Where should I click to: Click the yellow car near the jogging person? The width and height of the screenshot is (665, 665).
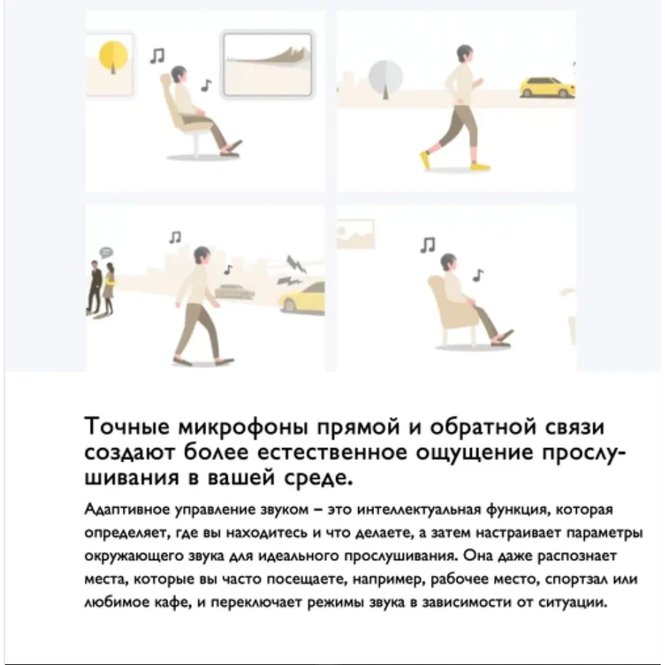(547, 88)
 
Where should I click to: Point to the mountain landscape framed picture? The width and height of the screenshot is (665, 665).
(268, 65)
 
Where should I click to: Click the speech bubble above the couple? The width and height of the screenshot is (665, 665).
(106, 253)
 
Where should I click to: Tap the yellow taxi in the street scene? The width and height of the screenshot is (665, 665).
(302, 297)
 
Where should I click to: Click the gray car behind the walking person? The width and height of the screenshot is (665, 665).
(234, 291)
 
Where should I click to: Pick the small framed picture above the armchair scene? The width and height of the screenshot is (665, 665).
(355, 233)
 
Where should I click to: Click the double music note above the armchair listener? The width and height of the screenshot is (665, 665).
(428, 245)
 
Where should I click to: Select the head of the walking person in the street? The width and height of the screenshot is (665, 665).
(202, 257)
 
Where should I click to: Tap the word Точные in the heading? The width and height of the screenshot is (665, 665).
(127, 426)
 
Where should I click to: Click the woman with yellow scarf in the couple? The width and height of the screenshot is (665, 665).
(109, 288)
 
